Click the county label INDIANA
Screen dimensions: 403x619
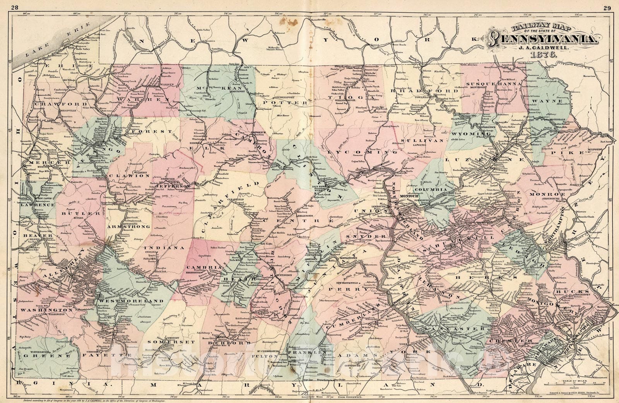[164, 247]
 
